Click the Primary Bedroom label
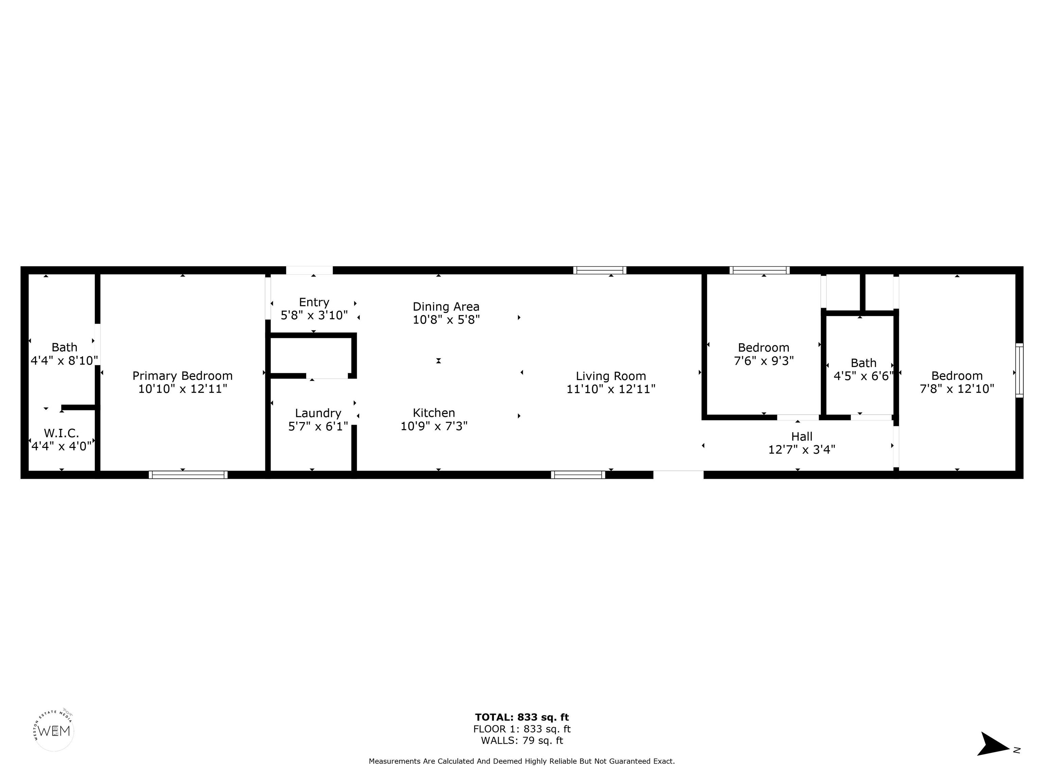182,376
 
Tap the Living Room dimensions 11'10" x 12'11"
611,389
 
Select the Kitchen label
434,413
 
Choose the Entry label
314,302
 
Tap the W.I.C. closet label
62,433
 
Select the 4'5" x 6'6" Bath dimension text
863,376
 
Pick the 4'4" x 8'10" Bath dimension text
64,361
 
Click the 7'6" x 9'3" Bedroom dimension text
764,361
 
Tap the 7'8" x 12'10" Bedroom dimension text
957,389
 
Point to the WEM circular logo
54,731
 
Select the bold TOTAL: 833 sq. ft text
522,718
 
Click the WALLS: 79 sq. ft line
522,741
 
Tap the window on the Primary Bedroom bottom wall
188,475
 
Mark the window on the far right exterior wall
1020,370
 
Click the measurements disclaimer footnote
522,761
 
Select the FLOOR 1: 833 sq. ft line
522,729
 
